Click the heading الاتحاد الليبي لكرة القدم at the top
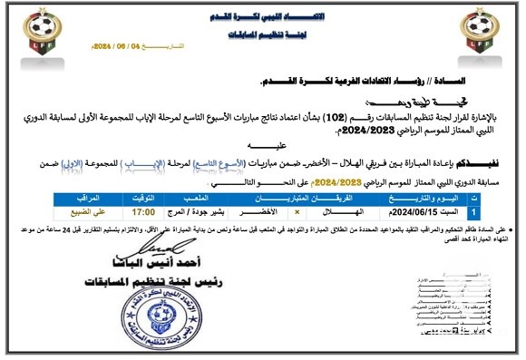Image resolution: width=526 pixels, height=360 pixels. pos(266,17)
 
